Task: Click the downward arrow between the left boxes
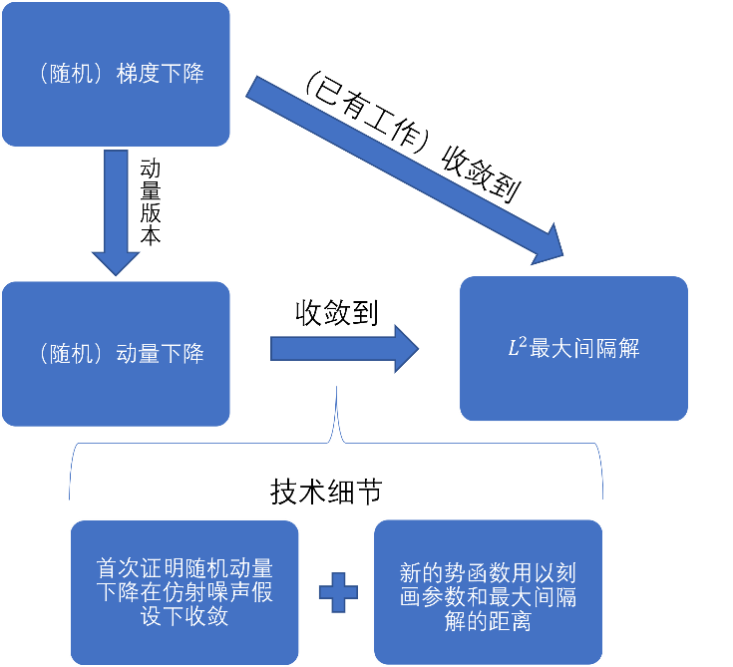116,214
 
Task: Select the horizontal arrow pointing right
344,348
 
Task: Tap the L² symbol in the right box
519,348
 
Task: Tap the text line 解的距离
488,621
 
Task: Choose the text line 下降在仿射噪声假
184,592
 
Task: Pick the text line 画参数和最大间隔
488,597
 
